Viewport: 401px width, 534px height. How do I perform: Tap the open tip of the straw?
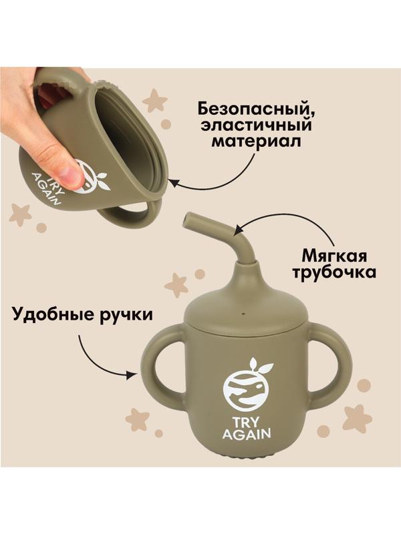(188, 218)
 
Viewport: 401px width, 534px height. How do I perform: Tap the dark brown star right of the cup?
(357, 418)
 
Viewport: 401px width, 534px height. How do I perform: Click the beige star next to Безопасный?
(155, 101)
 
